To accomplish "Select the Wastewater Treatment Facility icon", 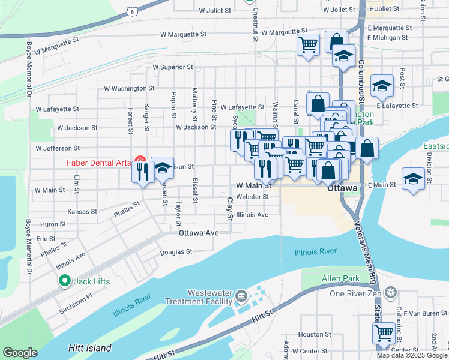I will [241, 296].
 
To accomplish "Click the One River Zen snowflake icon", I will [391, 293].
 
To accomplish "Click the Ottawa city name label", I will [343, 188].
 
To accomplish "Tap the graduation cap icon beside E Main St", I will [413, 179].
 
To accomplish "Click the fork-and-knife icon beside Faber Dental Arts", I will [142, 172].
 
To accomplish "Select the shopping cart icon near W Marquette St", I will [308, 44].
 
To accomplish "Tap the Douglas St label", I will [175, 252].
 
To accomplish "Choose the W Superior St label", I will [173, 67].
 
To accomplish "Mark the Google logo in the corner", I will [20, 353].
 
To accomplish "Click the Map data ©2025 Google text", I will [412, 355].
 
